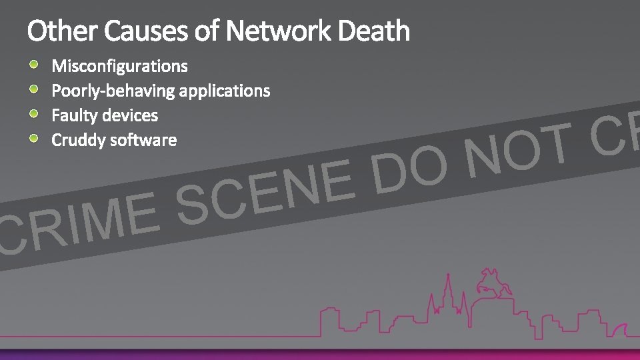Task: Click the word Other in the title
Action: pos(61,31)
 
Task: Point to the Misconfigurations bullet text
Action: pos(120,66)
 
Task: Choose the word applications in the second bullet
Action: pos(225,91)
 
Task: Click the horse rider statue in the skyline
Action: pos(493,283)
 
